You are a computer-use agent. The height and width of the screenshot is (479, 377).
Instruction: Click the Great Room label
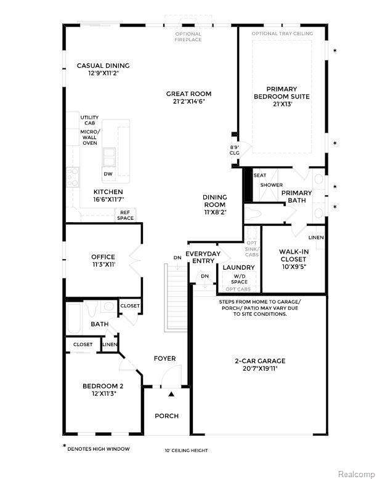point(185,94)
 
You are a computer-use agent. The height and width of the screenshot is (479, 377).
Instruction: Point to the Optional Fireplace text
point(188,37)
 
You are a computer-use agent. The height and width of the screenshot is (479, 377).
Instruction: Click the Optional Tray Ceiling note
point(282,33)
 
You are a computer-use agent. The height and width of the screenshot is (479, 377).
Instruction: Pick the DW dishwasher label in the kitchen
point(108,174)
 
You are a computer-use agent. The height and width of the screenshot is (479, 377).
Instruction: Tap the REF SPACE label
point(126,215)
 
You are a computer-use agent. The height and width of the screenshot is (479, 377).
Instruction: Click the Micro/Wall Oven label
point(90,137)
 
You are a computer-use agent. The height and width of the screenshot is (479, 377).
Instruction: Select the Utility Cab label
point(90,120)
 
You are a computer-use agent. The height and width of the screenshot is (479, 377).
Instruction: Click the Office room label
point(103,257)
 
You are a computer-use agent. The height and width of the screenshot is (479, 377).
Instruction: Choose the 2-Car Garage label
point(259,361)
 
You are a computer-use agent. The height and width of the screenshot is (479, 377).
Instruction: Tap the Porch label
point(166,416)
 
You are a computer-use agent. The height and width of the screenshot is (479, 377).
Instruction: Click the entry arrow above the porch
point(172,394)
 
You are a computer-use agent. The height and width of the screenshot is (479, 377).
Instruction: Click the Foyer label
point(164,358)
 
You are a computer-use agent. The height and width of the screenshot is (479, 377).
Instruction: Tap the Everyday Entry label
point(203,257)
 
